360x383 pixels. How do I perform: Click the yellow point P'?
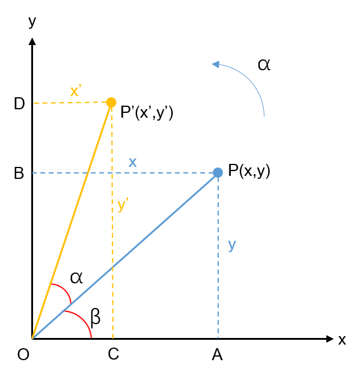coord(111,102)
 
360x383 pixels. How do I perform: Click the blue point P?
coord(218,172)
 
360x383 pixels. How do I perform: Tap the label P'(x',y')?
coord(147,113)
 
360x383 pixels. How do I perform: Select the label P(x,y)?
coord(249,170)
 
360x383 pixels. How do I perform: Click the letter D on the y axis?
coord(19,103)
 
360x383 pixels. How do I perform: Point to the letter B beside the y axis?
coord(19,173)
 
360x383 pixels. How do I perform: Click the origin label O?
coord(23,354)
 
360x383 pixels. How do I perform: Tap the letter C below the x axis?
coord(114,354)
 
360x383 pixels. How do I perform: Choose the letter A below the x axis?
coord(217,355)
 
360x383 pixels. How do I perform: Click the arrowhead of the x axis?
coord(330,339)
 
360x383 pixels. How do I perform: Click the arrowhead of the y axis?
coord(32,41)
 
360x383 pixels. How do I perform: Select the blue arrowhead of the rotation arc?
coord(216,64)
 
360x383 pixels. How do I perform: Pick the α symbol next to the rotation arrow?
coord(264,65)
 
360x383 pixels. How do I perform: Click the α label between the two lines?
coord(76,278)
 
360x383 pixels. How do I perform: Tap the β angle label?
coord(96,318)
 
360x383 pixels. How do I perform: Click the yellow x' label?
coord(76,91)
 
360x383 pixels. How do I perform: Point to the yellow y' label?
coord(123,205)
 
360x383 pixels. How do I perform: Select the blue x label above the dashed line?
coord(133,163)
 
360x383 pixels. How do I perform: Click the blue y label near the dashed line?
coord(232,245)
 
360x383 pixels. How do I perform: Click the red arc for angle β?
coord(83,319)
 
